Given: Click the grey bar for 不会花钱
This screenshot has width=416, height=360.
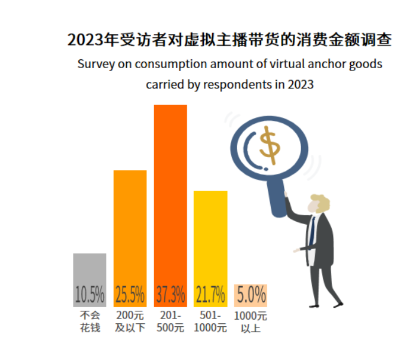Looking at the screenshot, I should coord(89,270).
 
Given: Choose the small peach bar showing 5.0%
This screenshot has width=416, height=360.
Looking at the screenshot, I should coord(251,294).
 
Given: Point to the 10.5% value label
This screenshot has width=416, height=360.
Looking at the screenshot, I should coord(89,294).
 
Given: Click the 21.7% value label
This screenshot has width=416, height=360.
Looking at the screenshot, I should coord(210,294).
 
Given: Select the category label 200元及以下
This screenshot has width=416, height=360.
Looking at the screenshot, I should coord(130,321).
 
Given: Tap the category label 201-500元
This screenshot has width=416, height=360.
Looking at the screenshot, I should coord(170,321).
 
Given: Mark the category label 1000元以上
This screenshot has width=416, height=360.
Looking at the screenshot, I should coord(251,321).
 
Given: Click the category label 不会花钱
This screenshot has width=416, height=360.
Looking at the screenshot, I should coord(89,321).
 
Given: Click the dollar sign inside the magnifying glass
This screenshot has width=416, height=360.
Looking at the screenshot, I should coord(270,144).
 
